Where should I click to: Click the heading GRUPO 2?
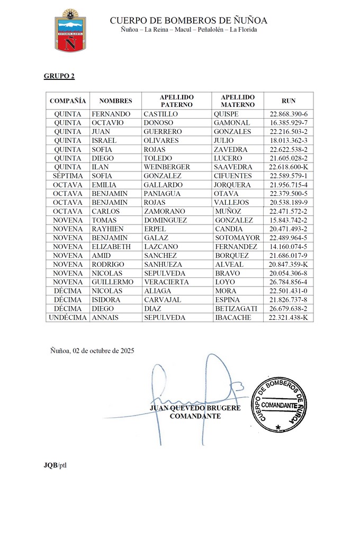point(59,76)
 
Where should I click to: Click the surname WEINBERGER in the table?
point(167,167)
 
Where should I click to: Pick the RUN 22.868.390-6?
point(289,114)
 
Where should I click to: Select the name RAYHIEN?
point(108,229)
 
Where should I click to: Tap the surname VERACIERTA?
point(166,282)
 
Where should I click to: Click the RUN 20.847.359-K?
point(289,264)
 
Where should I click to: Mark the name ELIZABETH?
point(112,246)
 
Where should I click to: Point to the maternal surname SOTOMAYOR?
point(237,238)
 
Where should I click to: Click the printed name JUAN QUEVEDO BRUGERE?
point(195,408)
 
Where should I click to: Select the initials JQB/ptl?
point(55,465)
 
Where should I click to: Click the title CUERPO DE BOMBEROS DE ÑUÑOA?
point(188,21)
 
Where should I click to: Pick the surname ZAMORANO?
point(164,211)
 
